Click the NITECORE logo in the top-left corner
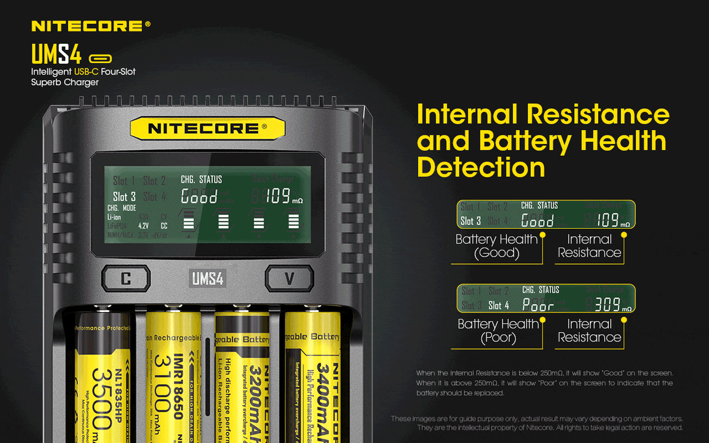click(91, 26)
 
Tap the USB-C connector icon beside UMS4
click(100, 58)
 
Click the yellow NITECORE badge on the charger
click(207, 128)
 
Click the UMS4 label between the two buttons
click(208, 278)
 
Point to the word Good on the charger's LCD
click(199, 197)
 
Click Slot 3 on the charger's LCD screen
click(124, 197)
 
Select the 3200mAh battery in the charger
click(242, 379)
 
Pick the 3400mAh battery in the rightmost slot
click(312, 379)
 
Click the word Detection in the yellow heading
click(481, 168)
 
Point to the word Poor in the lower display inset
click(538, 305)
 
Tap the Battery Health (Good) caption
click(496, 246)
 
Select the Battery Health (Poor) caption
click(498, 331)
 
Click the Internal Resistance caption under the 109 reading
click(589, 246)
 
